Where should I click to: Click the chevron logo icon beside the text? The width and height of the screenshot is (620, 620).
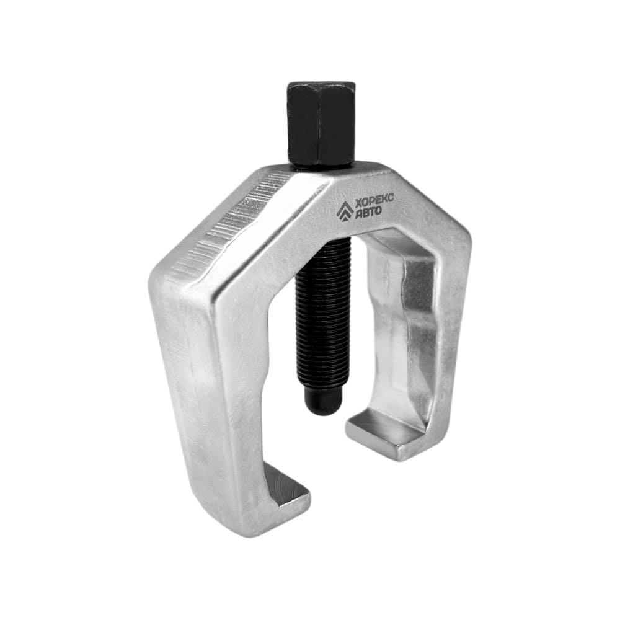tap(345, 210)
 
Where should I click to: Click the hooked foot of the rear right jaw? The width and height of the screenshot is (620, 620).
tap(379, 433)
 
